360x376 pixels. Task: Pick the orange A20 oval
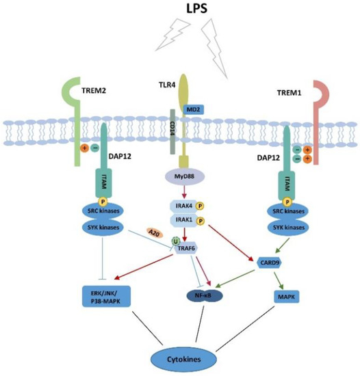pos(155,232)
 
